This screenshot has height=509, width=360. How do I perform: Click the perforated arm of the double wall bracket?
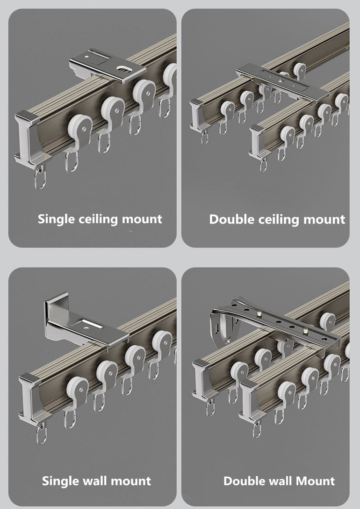click(281, 323)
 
